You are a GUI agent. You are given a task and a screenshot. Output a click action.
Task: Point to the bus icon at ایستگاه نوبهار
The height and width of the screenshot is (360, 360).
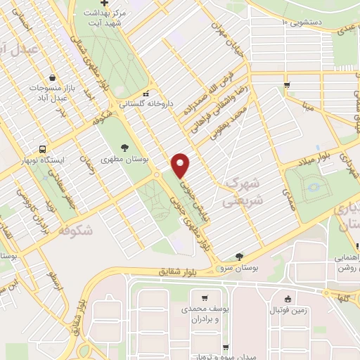pos(43,149)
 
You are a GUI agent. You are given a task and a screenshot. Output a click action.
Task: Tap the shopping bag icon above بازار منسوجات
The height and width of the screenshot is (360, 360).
pos(53,78)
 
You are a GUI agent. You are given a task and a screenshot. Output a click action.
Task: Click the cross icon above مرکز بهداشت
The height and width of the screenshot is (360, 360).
pos(104,4)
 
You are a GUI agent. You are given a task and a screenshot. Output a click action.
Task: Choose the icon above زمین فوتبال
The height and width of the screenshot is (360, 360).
pos(286,297)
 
